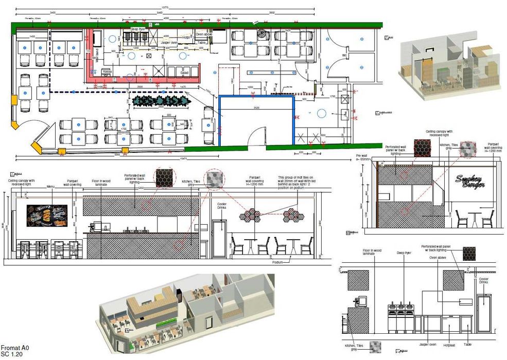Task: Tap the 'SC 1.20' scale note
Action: (x=11, y=355)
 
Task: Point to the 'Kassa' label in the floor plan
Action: (x=107, y=71)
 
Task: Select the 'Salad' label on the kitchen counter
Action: (x=184, y=73)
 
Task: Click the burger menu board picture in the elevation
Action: (x=47, y=215)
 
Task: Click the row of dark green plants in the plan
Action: (x=162, y=101)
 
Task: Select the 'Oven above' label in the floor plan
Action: (x=203, y=34)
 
